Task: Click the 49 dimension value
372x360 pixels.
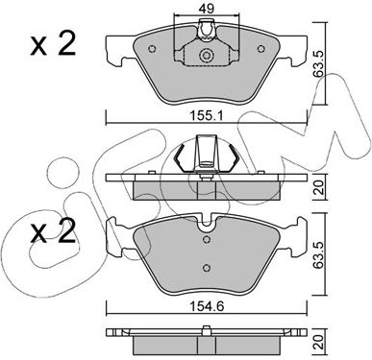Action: pyautogui.click(x=207, y=9)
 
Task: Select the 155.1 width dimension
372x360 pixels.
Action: pyautogui.click(x=207, y=116)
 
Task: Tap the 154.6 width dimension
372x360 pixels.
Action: pyautogui.click(x=207, y=306)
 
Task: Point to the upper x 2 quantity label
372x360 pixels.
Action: pyautogui.click(x=53, y=45)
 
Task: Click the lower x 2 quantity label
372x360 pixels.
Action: pyautogui.click(x=53, y=231)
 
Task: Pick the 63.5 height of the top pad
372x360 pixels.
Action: pyautogui.click(x=319, y=65)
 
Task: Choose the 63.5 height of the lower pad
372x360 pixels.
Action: pyautogui.click(x=319, y=257)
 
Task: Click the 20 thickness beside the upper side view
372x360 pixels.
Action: pyautogui.click(x=319, y=187)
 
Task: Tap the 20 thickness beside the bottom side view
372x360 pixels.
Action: pyautogui.click(x=319, y=342)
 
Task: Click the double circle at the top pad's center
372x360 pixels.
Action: pyautogui.click(x=206, y=56)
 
